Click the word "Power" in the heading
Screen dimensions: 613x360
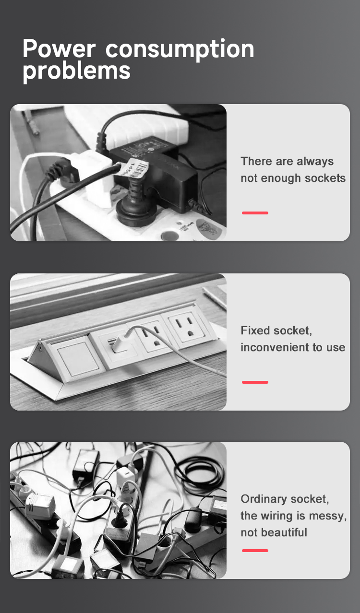pos(60,49)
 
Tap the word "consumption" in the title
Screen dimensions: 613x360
pos(180,49)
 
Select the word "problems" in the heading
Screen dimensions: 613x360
pos(76,71)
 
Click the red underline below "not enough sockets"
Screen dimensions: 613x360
pos(255,212)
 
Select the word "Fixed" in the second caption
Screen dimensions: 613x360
pos(255,330)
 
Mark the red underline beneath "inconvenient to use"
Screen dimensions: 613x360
pos(255,382)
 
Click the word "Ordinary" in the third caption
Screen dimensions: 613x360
pos(263,499)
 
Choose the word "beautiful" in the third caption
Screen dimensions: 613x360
pos(283,532)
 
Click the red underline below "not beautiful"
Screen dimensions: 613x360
pos(255,550)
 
